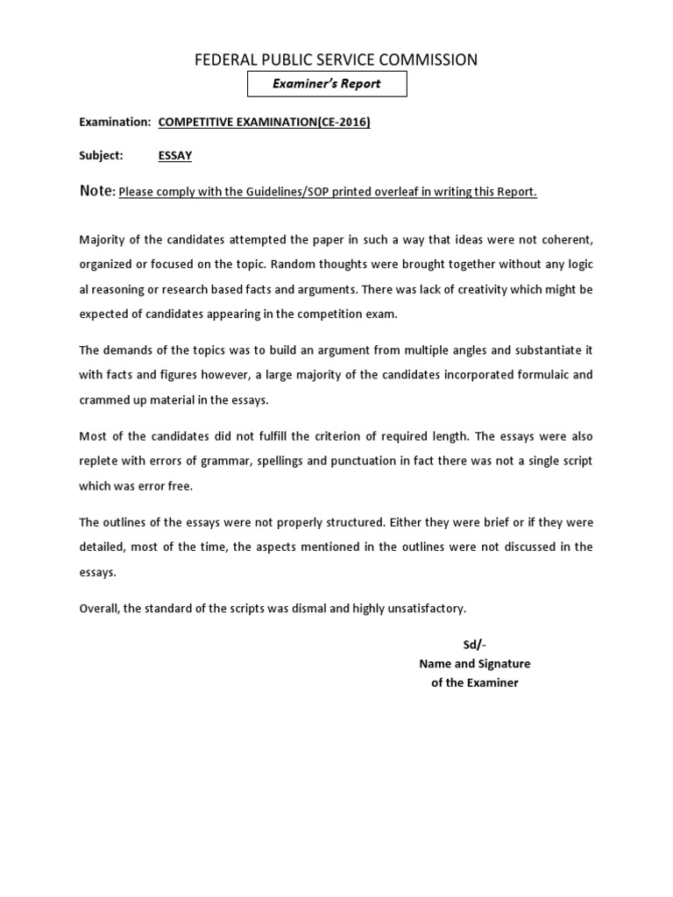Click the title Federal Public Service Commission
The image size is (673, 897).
click(336, 60)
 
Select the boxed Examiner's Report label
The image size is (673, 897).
click(327, 84)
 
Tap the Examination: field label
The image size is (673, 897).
click(115, 122)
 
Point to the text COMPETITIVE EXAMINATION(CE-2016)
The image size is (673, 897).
click(264, 122)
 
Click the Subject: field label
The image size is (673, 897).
click(101, 156)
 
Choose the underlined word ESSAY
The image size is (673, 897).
click(175, 156)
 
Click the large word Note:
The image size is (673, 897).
click(97, 191)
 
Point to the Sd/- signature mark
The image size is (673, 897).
click(474, 645)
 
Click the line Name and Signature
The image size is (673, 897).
click(474, 663)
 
